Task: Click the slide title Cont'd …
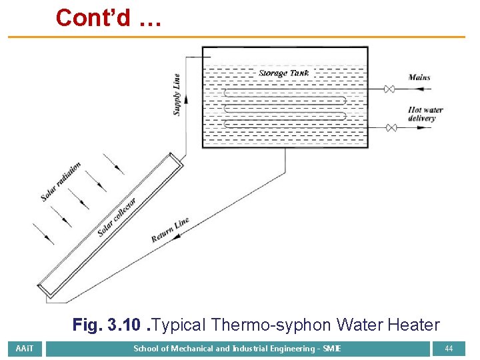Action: tap(108, 18)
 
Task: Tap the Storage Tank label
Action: tap(283, 73)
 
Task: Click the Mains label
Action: tap(419, 77)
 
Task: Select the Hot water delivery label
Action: tap(425, 114)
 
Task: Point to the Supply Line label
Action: tap(177, 95)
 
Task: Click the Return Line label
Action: tap(170, 230)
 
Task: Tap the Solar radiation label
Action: tap(61, 181)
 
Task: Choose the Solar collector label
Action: tap(117, 217)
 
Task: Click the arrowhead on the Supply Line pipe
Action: tap(185, 97)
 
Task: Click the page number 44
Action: tap(449, 349)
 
